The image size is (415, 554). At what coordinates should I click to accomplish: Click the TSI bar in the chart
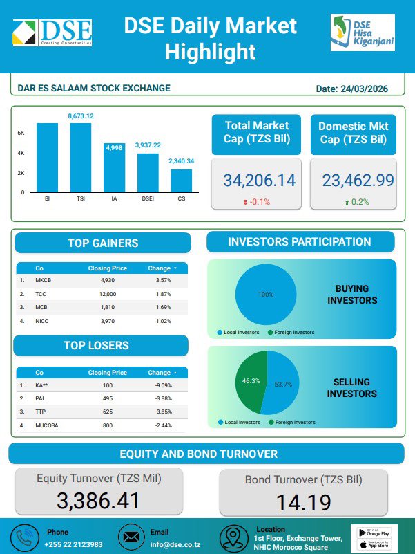click(81, 158)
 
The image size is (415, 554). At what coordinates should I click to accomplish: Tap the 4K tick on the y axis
click(21, 153)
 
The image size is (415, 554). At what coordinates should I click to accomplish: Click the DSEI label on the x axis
click(148, 198)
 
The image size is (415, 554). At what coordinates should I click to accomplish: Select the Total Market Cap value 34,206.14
click(259, 181)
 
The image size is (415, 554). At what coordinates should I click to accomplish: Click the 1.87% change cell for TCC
click(163, 294)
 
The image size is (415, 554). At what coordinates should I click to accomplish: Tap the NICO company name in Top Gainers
click(43, 321)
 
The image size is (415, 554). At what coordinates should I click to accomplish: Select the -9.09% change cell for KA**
click(163, 386)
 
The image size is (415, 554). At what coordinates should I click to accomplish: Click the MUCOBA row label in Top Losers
click(47, 426)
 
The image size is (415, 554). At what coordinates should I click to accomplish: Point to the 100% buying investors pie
click(266, 295)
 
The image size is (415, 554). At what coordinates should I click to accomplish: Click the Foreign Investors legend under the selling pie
click(294, 422)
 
